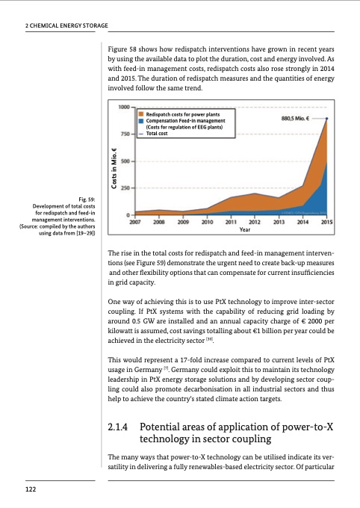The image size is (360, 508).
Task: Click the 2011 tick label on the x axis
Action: coord(232,222)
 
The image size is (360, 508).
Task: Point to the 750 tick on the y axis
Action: coord(124,134)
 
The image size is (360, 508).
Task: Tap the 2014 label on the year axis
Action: coord(302,222)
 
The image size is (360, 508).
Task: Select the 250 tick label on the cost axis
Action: coord(124,188)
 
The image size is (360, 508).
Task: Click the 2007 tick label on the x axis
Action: coord(137,222)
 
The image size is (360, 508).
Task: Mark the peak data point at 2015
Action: coord(326,118)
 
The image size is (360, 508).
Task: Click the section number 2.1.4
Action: coord(120,428)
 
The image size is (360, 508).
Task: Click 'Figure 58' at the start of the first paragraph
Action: coord(124,47)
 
